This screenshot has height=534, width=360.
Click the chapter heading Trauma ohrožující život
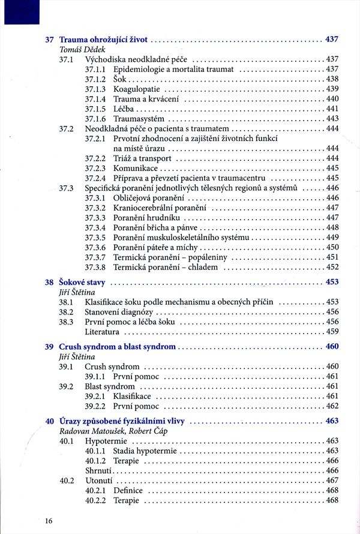[x=103, y=40]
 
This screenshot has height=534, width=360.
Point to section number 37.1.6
[x=95, y=118]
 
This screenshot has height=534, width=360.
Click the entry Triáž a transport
[x=142, y=158]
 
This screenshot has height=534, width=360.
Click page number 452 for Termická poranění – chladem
[x=332, y=267]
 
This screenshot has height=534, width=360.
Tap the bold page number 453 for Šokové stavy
[x=332, y=282]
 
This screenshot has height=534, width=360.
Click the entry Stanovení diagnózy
[x=119, y=312]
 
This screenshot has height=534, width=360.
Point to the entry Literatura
[x=102, y=331]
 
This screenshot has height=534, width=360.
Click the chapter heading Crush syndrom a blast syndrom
[x=117, y=347]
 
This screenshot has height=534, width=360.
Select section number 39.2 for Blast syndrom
[x=66, y=386]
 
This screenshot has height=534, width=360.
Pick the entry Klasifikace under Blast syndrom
[x=132, y=396]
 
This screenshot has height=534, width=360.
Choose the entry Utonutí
[x=100, y=480]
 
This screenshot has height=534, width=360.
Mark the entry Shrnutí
[x=99, y=470]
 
